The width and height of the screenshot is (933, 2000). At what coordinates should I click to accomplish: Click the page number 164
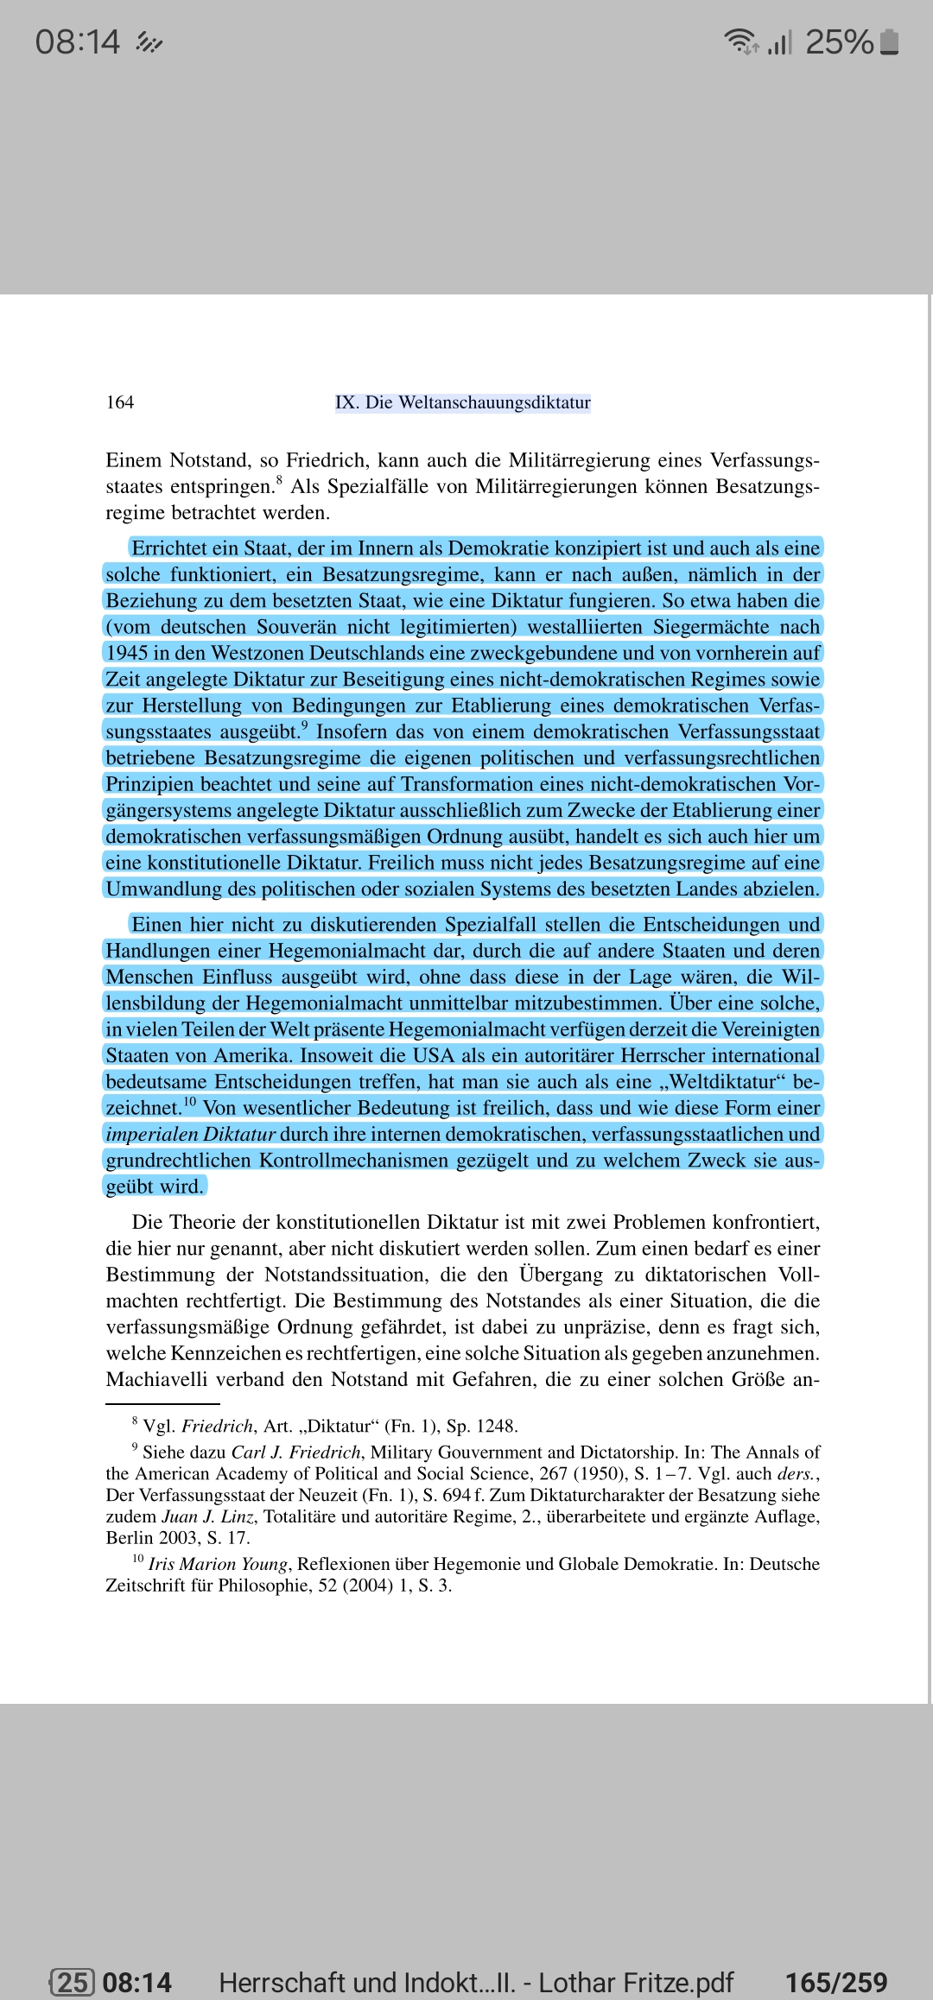(x=120, y=402)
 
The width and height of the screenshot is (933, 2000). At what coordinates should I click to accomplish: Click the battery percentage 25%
(x=839, y=41)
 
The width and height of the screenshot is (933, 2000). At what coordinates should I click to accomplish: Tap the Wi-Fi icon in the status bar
(x=740, y=41)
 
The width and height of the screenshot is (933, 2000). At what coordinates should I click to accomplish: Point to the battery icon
(x=890, y=41)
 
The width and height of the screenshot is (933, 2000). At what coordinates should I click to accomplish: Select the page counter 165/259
(x=835, y=1958)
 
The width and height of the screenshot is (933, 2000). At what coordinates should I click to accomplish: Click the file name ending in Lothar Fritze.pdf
(x=476, y=1958)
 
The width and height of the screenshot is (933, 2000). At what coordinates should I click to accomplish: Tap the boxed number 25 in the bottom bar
(x=73, y=1958)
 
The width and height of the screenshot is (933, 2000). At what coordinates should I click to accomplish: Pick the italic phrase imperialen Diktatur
(x=190, y=1134)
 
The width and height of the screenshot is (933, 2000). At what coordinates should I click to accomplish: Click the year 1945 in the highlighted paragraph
(x=127, y=653)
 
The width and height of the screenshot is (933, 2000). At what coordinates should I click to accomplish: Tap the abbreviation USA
(x=433, y=1055)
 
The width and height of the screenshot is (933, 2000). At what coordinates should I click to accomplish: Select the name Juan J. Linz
(x=208, y=1516)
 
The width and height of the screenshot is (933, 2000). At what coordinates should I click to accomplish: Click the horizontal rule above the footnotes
(x=162, y=1404)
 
